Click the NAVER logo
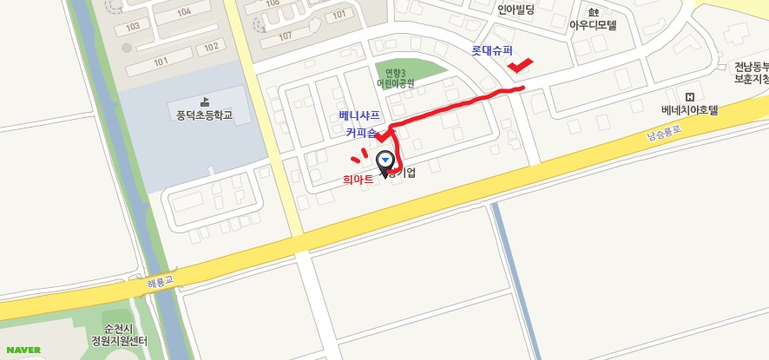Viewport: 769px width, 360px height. (x=23, y=350)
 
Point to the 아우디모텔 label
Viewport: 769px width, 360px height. (x=593, y=25)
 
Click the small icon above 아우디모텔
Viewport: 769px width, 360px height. (x=594, y=12)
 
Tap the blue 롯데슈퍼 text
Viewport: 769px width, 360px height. (x=492, y=51)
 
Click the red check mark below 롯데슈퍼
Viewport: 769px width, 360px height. (x=520, y=65)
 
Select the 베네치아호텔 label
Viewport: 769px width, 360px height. (x=690, y=110)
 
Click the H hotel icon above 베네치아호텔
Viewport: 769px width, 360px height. (x=690, y=96)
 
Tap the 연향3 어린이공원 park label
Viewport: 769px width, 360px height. (x=396, y=78)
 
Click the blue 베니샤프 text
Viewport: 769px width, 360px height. (x=359, y=115)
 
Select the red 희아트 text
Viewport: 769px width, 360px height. (x=358, y=179)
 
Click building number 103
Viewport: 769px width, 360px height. (x=133, y=27)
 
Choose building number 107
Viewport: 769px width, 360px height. (x=285, y=36)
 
